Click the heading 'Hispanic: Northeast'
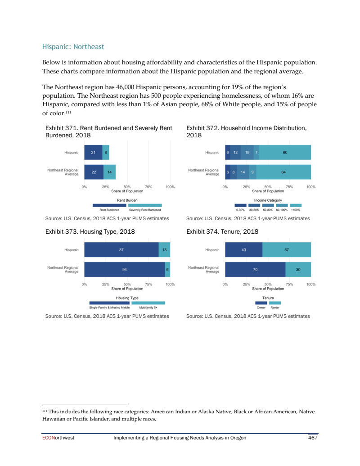pos(73,46)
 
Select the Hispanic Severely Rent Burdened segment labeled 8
pos(106,152)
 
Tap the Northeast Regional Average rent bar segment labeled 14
pos(109,172)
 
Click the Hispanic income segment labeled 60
pos(285,152)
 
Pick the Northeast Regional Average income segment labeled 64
pos(283,172)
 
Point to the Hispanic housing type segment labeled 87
pos(121,250)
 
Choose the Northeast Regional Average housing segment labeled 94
pos(124,269)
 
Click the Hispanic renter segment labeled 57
pos(287,250)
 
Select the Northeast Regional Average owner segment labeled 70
pos(255,269)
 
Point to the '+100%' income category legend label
pos(296,209)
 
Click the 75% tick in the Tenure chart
pos(289,284)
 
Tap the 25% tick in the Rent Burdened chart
pos(106,186)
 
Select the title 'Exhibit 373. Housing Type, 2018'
pos(90,232)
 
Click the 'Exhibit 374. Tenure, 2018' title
pos(222,232)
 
